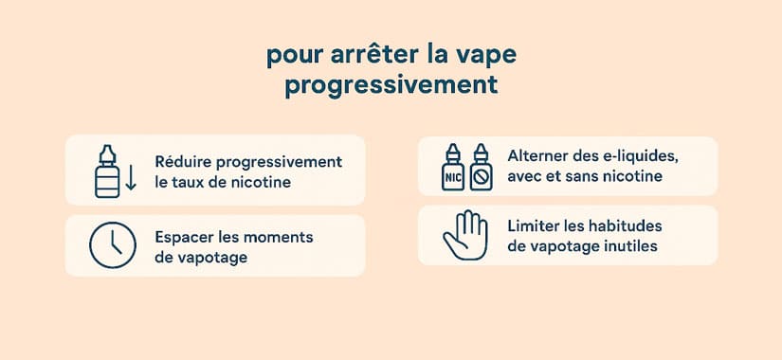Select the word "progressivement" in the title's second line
(x=391, y=86)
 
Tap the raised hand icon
(x=464, y=235)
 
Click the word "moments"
(x=280, y=237)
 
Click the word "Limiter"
(x=536, y=227)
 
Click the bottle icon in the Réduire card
(x=108, y=171)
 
